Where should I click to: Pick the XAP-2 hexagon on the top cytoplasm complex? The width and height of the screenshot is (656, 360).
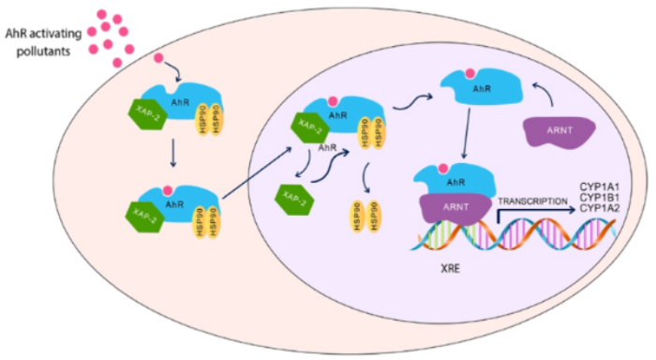pos(145,118)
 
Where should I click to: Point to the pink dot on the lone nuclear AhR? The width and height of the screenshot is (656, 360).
pos(485,73)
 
